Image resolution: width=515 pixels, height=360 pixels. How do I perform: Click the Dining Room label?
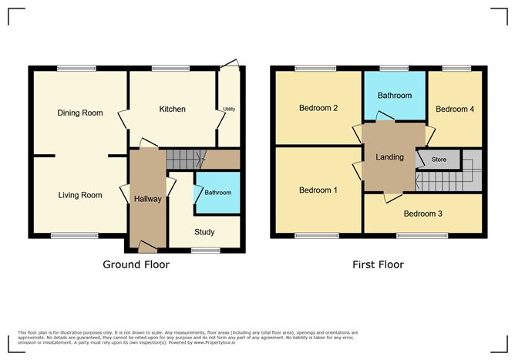(80, 113)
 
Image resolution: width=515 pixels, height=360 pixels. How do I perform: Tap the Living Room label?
(80, 195)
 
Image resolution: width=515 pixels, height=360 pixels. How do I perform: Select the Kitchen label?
(172, 109)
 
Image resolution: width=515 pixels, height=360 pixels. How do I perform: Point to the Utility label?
(229, 109)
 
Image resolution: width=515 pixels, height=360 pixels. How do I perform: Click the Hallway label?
(147, 199)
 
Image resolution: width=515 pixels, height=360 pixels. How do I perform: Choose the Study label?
(204, 232)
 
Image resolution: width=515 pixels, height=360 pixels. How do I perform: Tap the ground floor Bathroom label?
(217, 192)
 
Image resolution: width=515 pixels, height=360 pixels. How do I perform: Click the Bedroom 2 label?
(318, 108)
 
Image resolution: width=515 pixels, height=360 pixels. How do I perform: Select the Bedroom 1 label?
(318, 190)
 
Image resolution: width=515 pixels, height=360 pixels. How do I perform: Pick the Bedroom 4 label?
(455, 109)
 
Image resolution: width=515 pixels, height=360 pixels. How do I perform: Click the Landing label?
(389, 157)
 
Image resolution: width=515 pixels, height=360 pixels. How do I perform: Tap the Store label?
(439, 160)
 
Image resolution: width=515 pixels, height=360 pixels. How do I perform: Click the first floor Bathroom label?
(394, 96)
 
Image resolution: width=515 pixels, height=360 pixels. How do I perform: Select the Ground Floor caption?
(136, 264)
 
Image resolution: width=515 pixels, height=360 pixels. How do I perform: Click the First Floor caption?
(378, 264)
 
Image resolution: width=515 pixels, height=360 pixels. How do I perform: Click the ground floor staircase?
(183, 160)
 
